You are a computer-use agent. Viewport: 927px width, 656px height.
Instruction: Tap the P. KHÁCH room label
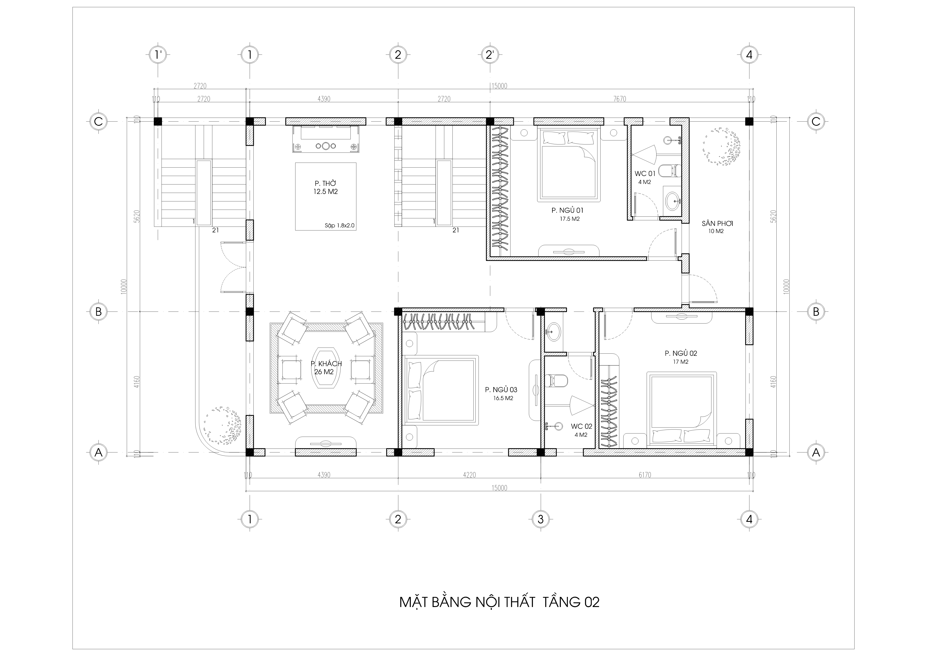pyautogui.click(x=326, y=364)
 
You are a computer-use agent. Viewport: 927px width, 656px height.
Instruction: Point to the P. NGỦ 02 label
pyautogui.click(x=681, y=353)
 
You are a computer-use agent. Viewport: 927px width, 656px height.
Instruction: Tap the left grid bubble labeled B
pyautogui.click(x=98, y=312)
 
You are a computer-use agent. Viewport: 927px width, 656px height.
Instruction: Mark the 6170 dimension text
pyautogui.click(x=645, y=475)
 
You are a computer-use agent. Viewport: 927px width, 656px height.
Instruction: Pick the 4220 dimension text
pyautogui.click(x=469, y=475)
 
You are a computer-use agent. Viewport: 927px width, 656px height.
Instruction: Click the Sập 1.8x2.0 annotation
pyautogui.click(x=340, y=226)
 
